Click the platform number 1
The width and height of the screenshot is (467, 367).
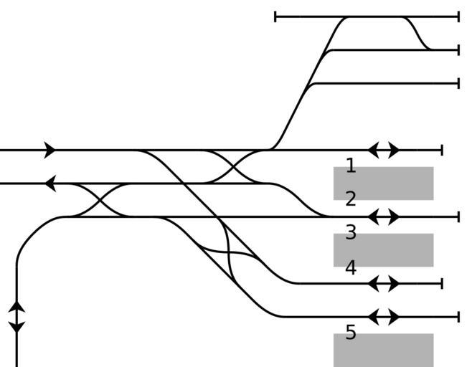click(350, 166)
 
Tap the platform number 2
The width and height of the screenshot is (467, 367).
click(350, 199)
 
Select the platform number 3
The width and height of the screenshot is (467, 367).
click(350, 232)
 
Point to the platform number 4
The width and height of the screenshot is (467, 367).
click(350, 268)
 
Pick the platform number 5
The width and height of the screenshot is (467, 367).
click(350, 333)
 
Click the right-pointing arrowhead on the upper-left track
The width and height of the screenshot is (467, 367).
click(49, 151)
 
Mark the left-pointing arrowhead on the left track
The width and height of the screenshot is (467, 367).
click(50, 184)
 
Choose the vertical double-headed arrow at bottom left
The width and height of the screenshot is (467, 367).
click(16, 317)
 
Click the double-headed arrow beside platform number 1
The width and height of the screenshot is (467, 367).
click(384, 151)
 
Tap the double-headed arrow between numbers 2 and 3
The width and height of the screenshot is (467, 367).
click(384, 216)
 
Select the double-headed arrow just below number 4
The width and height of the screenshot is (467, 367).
click(384, 284)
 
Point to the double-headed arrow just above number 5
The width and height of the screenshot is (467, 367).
click(384, 317)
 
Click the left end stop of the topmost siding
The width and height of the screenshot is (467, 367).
click(275, 16)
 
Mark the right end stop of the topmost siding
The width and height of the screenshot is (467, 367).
click(458, 16)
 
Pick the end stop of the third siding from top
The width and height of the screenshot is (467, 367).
click(458, 83)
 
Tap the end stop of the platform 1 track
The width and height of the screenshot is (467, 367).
click(442, 151)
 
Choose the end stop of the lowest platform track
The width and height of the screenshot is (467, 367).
click(458, 317)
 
